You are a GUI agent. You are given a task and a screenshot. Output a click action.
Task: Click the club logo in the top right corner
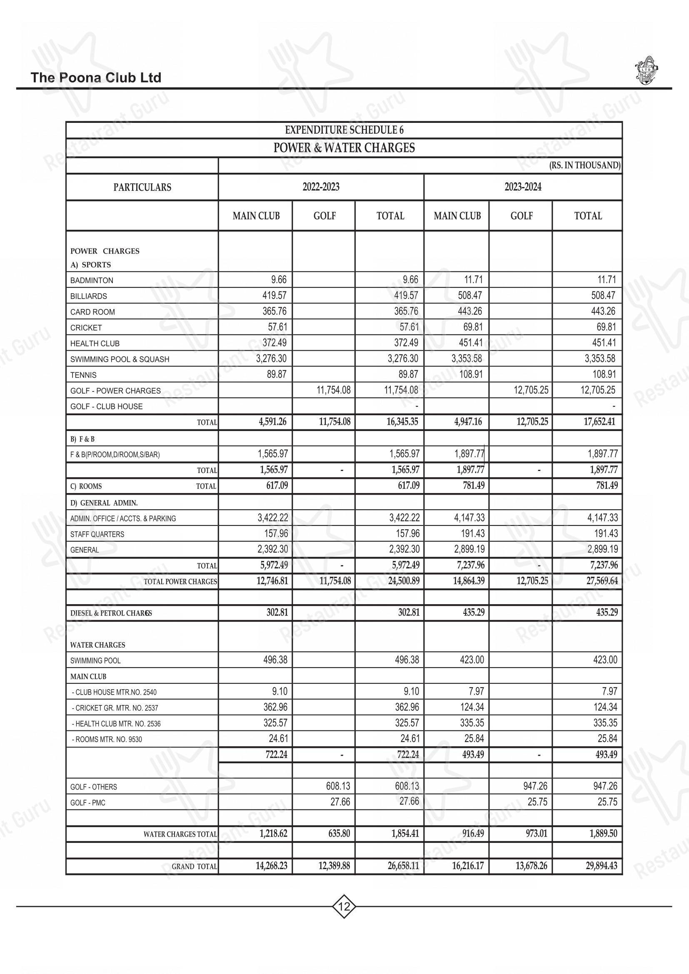click(x=646, y=70)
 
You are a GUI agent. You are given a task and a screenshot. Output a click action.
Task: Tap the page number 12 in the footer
click(x=344, y=907)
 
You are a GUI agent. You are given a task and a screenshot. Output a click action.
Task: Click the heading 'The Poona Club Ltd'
click(x=96, y=77)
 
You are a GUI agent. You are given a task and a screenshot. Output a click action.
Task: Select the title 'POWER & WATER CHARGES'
click(x=344, y=148)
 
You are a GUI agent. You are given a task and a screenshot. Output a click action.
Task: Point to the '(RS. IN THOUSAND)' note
click(x=584, y=165)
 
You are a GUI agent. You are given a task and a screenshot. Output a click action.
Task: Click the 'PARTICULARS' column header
click(x=142, y=187)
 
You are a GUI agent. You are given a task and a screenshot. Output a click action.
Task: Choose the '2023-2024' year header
click(x=523, y=187)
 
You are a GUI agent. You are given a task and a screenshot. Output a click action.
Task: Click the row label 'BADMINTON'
click(x=92, y=280)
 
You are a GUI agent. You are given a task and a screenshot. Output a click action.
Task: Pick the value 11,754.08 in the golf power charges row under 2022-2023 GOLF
click(x=334, y=390)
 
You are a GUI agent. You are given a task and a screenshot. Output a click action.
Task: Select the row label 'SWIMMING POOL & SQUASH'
click(x=120, y=359)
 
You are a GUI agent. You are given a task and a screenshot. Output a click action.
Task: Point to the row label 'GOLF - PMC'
click(x=88, y=802)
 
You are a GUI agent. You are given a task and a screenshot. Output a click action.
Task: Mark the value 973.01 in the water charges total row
click(x=536, y=834)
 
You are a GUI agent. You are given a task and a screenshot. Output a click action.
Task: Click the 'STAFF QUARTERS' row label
click(x=97, y=534)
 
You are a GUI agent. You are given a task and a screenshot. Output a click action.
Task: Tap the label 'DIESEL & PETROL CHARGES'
click(x=111, y=613)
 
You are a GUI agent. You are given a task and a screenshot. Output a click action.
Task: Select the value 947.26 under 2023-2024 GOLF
click(x=535, y=786)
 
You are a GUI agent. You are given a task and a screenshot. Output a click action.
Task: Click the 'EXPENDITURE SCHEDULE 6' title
click(x=344, y=130)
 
